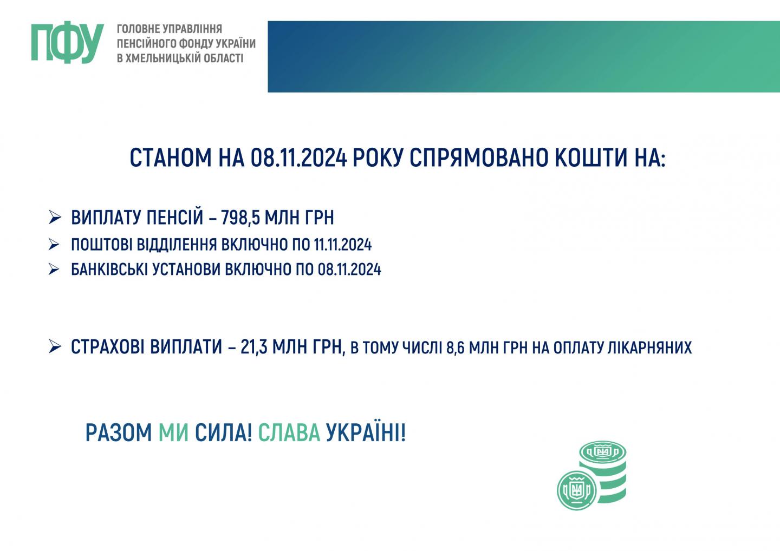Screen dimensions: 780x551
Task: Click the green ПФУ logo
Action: pyautogui.click(x=68, y=42)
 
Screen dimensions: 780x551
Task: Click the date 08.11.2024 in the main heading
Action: pyautogui.click(x=299, y=158)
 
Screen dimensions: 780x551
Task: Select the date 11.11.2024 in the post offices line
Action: pyautogui.click(x=343, y=245)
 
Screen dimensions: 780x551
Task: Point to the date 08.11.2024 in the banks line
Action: pyautogui.click(x=349, y=270)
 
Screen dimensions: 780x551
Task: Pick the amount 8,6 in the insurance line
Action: pyautogui.click(x=456, y=348)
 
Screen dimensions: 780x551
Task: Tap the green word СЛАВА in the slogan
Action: pyautogui.click(x=289, y=433)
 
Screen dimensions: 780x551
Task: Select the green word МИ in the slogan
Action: pyautogui.click(x=173, y=433)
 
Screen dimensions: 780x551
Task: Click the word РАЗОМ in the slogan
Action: pyautogui.click(x=119, y=433)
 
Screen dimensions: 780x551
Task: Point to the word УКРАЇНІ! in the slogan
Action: pyautogui.click(x=366, y=432)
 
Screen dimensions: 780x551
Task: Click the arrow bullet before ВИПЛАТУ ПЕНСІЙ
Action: pyautogui.click(x=55, y=218)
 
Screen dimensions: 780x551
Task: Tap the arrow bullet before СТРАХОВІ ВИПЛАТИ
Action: pyautogui.click(x=55, y=346)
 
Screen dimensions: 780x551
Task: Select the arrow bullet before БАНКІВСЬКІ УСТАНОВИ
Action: pyautogui.click(x=54, y=269)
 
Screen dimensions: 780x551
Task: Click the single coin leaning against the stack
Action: pyautogui.click(x=577, y=490)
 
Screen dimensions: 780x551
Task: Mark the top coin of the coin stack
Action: pyautogui.click(x=603, y=452)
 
